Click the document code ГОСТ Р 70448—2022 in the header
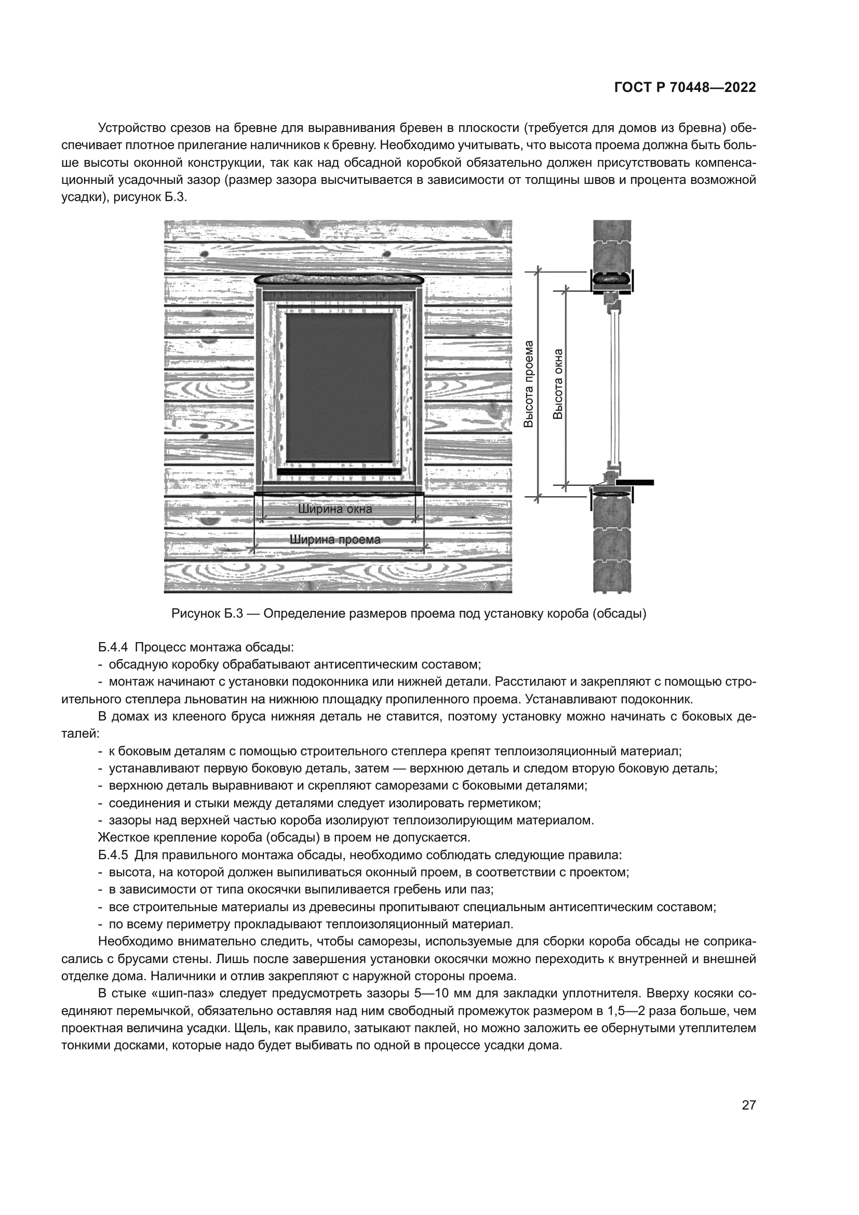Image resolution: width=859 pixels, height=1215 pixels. click(685, 88)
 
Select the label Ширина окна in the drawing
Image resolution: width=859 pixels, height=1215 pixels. click(335, 510)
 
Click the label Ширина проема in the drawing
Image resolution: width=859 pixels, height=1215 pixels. click(335, 540)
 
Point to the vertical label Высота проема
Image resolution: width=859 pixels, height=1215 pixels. click(528, 383)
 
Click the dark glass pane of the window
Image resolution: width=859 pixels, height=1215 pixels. click(340, 386)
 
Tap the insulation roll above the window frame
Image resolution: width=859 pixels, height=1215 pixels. click(339, 279)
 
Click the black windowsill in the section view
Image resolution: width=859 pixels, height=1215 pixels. click(634, 482)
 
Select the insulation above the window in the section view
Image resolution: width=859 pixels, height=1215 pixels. click(611, 276)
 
